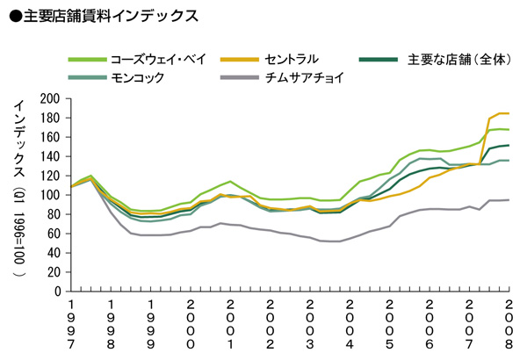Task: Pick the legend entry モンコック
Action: click(137, 78)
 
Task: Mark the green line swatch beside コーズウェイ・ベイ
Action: click(87, 60)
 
